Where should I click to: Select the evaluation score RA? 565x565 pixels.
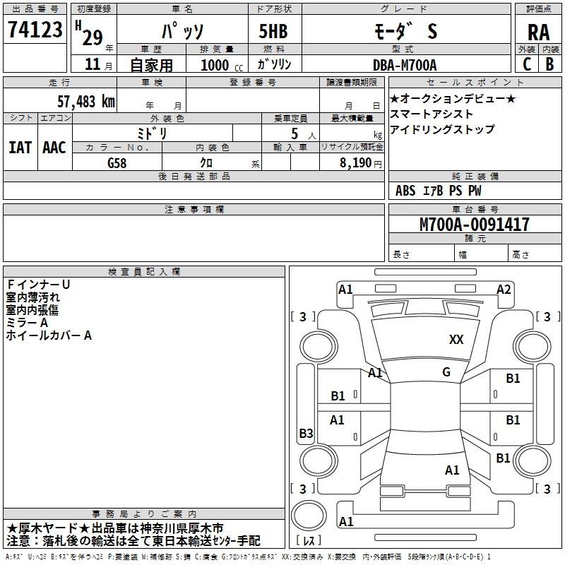[x=538, y=32]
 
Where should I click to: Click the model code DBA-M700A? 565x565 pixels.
[x=405, y=65]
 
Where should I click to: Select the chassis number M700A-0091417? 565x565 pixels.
[x=474, y=225]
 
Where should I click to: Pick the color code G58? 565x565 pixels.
[x=118, y=162]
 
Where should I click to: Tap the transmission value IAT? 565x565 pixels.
[x=20, y=147]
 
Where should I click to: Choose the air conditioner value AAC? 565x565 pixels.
[x=54, y=147]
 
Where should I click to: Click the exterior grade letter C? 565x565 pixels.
[x=526, y=64]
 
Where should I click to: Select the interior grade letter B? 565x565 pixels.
[x=549, y=64]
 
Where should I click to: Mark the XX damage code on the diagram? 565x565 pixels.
[x=456, y=340]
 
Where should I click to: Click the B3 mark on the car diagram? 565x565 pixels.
[x=306, y=433]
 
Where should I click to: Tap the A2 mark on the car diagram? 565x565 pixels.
[x=504, y=289]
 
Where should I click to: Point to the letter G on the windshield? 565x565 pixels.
[x=446, y=372]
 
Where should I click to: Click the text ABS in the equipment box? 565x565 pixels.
[x=405, y=191]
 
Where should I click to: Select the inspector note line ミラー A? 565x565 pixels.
[x=28, y=322]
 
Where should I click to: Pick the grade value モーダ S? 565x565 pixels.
[x=404, y=31]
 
